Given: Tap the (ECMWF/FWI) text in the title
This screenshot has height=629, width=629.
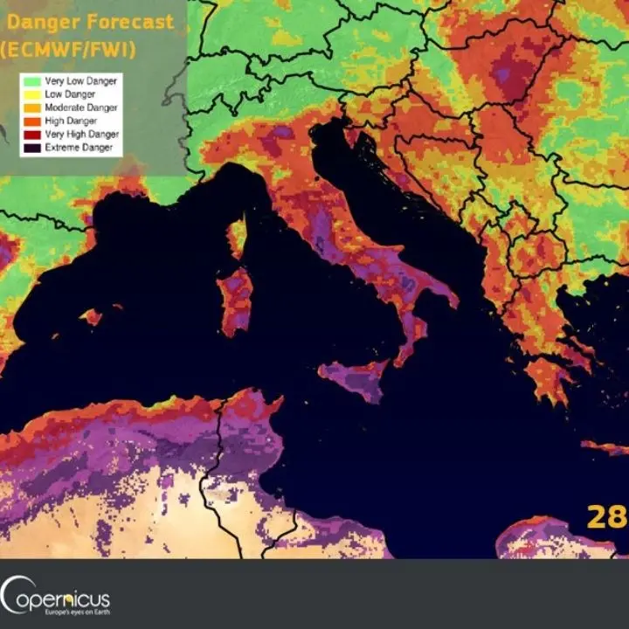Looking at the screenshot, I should click(x=68, y=49).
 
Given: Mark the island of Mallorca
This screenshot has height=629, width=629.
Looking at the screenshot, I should click(x=94, y=316).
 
